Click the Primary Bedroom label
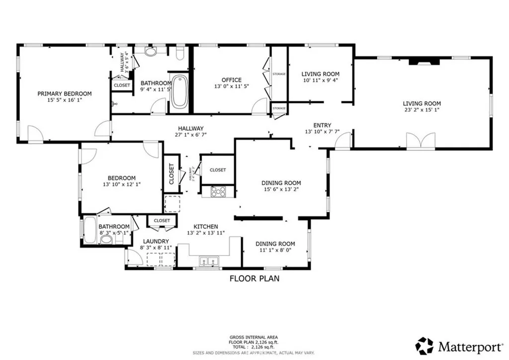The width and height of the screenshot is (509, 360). [65, 93]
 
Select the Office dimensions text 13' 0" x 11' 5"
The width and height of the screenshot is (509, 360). [231, 87]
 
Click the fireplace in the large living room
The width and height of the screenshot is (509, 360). [424, 62]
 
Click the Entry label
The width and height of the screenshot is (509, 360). [322, 125]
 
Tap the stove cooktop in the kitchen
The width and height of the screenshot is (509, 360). [219, 191]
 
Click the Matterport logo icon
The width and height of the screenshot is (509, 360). [424, 345]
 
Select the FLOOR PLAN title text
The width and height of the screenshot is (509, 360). [254, 278]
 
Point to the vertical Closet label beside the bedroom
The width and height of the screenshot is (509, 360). [171, 174]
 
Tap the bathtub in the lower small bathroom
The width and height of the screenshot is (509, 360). [90, 231]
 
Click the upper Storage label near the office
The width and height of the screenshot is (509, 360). [279, 74]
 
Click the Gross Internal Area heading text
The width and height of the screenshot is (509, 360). [254, 337]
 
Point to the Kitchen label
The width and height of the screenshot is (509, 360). [206, 226]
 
